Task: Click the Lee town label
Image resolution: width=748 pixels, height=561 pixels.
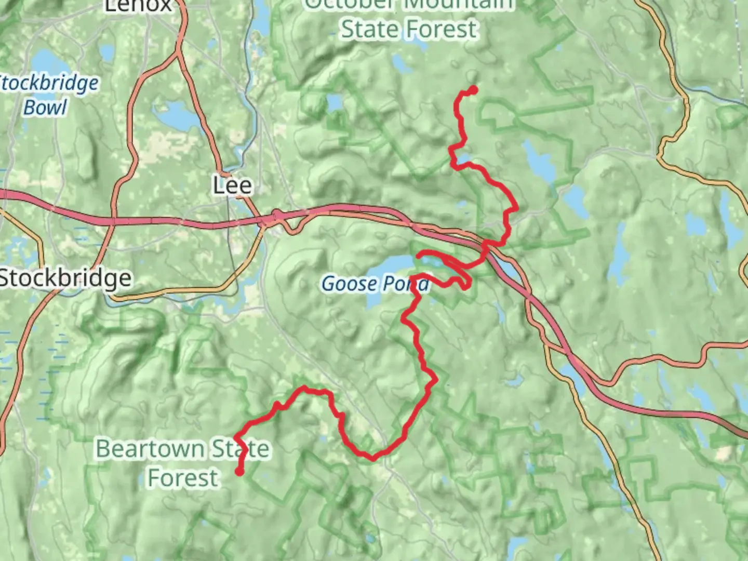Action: click(x=232, y=185)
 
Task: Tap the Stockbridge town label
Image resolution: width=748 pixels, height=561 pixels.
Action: click(x=65, y=278)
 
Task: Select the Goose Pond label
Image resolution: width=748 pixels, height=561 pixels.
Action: click(x=375, y=284)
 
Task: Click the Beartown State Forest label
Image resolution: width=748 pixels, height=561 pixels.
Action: click(x=183, y=463)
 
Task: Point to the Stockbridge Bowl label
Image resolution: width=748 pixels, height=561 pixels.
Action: click(x=48, y=95)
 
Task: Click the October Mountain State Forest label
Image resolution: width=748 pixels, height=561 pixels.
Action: click(x=409, y=18)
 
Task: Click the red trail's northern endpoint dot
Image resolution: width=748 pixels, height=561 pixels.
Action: click(x=473, y=90)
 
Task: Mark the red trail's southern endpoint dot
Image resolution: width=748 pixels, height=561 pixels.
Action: click(x=239, y=472)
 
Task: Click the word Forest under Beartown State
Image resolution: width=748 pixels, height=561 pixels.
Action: click(x=183, y=478)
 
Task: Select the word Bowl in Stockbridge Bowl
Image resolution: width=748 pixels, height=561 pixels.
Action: click(x=46, y=108)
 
